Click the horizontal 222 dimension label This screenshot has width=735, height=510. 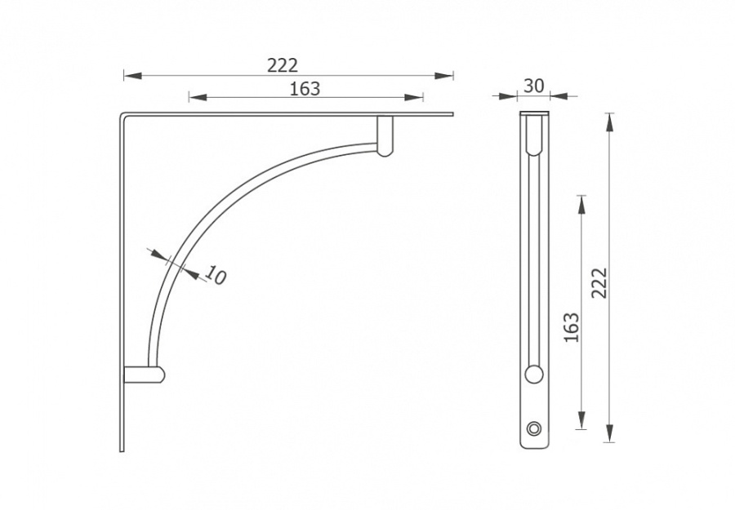pos(283,65)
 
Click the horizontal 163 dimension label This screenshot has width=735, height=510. pos(305,88)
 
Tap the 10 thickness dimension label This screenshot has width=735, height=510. pos(215,275)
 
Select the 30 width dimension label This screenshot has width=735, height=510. pos(533,86)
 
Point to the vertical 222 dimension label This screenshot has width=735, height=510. pos(599,282)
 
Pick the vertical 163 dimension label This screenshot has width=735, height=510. pos(572,327)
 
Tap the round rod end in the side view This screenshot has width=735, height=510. pos(533,375)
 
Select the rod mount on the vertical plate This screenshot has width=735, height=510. pos(145,375)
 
